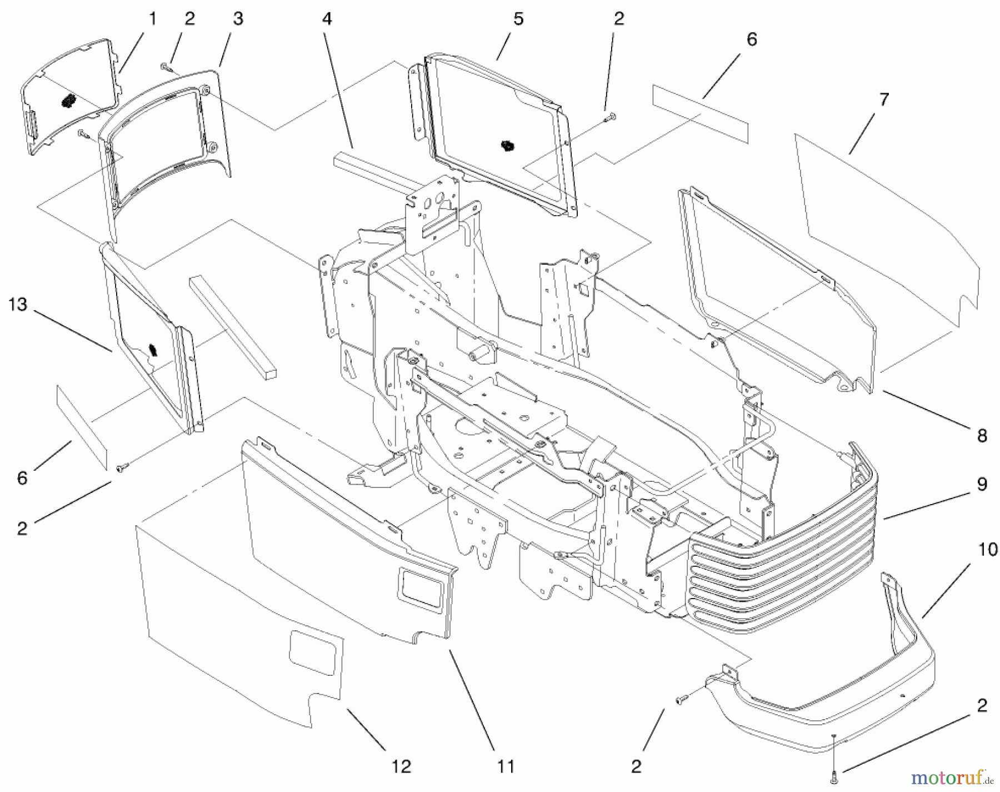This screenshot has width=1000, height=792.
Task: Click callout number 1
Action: (x=152, y=19)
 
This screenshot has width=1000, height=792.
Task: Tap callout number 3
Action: (x=238, y=19)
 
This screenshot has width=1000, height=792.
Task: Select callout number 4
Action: (x=327, y=19)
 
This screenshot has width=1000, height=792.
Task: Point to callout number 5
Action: (x=518, y=19)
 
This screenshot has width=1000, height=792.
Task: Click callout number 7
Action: (x=884, y=100)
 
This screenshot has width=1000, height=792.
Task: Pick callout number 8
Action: (x=982, y=436)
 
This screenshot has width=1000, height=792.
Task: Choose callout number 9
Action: (x=982, y=485)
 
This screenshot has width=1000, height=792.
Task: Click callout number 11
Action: (x=506, y=767)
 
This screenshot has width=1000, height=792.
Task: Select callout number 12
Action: (x=401, y=767)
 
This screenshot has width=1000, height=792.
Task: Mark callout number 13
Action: (x=18, y=305)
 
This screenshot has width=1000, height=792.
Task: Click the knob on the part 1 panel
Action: (x=68, y=102)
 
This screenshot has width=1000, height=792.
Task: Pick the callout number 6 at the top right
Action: (x=751, y=40)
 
